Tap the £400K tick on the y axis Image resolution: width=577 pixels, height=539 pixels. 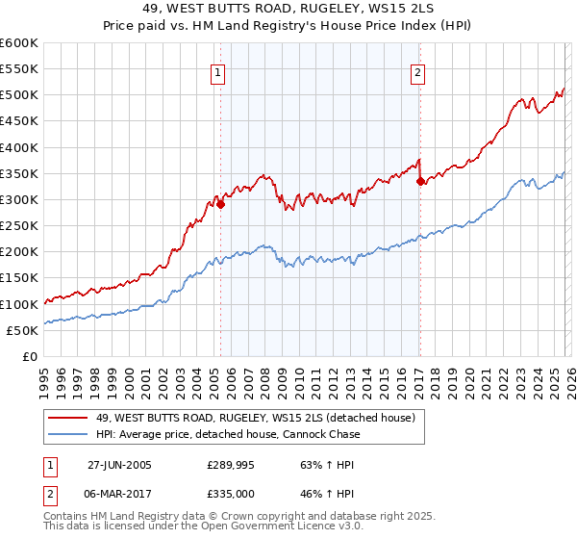click(x=19, y=147)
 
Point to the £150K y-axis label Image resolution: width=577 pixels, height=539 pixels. click(x=19, y=278)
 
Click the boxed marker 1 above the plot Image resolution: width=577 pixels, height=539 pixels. click(x=219, y=72)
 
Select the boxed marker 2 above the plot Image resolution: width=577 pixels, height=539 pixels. click(x=418, y=72)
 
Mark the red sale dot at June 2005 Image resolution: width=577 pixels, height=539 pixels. click(x=221, y=204)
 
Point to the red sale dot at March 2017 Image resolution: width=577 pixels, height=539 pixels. click(x=420, y=181)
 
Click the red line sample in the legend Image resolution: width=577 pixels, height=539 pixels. click(x=68, y=418)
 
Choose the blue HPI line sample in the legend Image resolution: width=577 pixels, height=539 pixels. click(x=68, y=434)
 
